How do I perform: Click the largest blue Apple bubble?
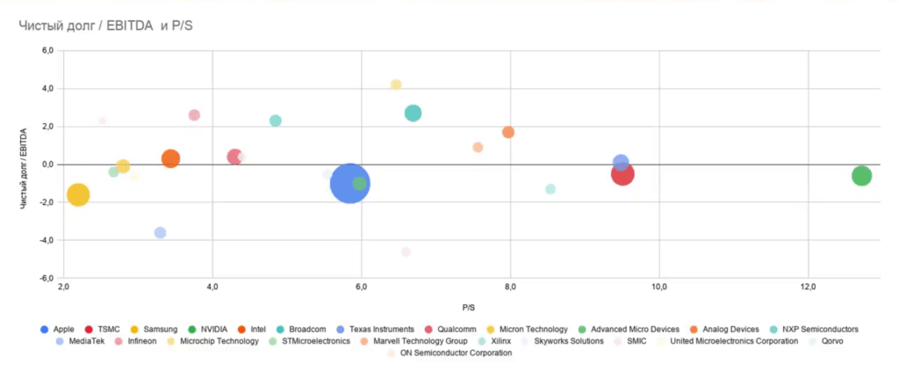[x=349, y=184]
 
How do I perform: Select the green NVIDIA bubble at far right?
[x=861, y=176]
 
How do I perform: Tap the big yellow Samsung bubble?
[x=78, y=195]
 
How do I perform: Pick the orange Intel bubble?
[x=170, y=159]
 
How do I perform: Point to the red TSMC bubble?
[x=622, y=174]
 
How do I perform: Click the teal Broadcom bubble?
[x=413, y=113]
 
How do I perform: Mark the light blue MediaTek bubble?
[x=160, y=233]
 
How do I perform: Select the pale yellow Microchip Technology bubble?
[x=396, y=84]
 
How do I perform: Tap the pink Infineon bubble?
[x=194, y=115]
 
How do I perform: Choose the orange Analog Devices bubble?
[x=508, y=132]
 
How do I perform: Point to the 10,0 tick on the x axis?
[x=659, y=287]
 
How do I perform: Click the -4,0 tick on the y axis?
[x=47, y=240]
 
